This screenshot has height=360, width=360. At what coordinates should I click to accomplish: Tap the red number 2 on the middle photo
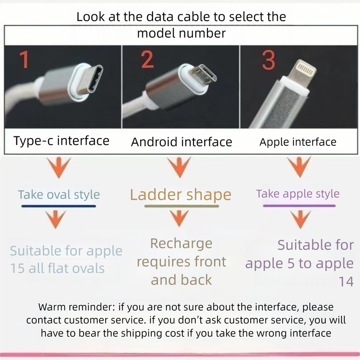pos(147,60)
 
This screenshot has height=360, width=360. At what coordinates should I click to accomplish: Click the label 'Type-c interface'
pos(62,141)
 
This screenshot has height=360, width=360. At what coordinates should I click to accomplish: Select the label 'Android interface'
pos(181,142)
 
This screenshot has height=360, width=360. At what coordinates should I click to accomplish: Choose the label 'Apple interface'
pos(298,142)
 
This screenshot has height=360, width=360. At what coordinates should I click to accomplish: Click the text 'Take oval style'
pos(59,195)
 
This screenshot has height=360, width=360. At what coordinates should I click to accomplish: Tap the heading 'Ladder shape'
pos(180,195)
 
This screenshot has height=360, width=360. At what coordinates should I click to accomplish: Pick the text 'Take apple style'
pos(298,194)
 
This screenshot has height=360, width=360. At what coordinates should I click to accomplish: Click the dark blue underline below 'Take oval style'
pos(59,206)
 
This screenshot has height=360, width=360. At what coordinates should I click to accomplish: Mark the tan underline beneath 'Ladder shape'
pos(181,206)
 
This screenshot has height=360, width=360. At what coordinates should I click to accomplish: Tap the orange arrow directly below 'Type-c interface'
pos(57,167)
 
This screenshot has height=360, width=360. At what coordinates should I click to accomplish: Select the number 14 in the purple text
pos(346,282)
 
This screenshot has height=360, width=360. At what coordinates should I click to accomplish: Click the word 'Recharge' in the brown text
pos(181,243)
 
